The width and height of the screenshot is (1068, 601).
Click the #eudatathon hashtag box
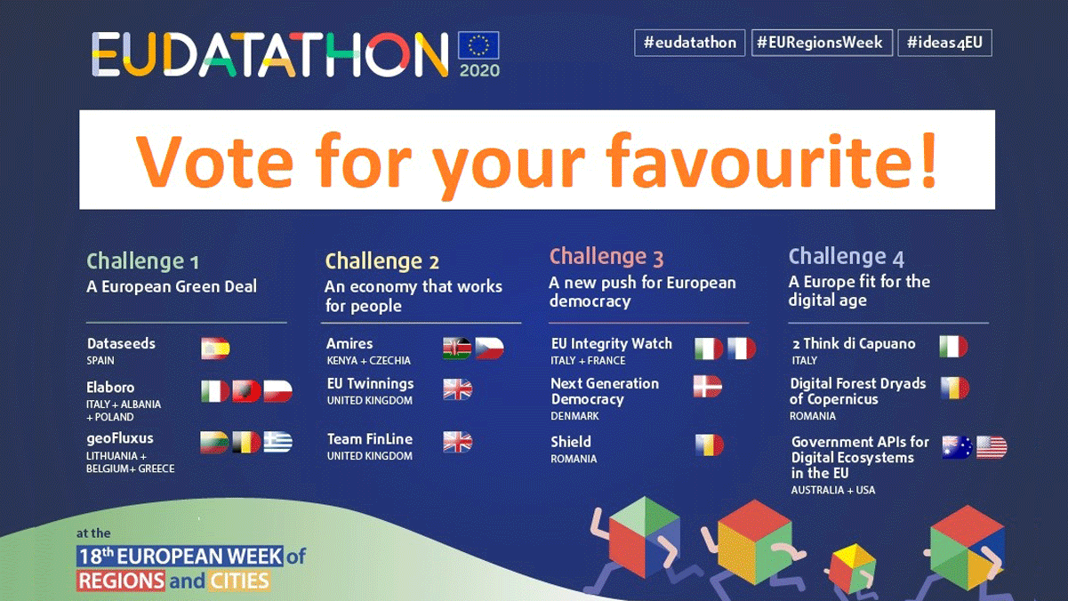689,43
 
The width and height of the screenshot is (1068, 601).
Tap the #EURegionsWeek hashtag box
822,43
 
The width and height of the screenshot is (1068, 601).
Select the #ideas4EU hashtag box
944,43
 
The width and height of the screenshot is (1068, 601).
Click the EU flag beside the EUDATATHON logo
478,45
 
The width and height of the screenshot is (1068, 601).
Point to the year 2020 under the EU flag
479,70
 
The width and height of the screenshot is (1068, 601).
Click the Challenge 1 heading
142,261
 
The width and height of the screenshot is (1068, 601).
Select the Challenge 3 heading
606,257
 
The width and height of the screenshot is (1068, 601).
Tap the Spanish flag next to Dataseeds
215,349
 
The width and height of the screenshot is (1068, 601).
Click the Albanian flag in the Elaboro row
246,391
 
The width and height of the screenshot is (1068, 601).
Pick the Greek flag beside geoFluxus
278,442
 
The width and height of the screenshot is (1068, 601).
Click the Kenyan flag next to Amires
457,349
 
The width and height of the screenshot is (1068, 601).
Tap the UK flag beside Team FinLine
458,442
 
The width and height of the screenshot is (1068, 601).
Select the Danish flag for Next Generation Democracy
708,386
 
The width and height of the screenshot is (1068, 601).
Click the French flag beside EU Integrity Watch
742,349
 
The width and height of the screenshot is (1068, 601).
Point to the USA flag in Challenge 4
992,447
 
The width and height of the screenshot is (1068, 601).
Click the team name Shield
571,442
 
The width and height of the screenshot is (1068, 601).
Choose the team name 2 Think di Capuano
854,344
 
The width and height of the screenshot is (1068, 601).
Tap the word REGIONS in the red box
121,581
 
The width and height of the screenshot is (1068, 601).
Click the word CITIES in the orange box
239,581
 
